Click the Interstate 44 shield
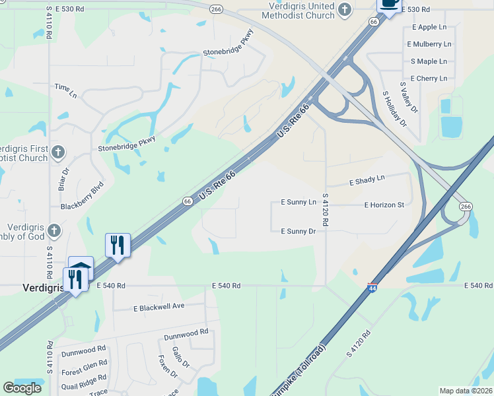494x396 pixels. pyautogui.click(x=372, y=288)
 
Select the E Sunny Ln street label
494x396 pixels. pyautogui.click(x=299, y=201)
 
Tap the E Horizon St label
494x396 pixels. pyautogui.click(x=384, y=205)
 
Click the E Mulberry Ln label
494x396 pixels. pyautogui.click(x=429, y=44)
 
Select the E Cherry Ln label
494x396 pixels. pyautogui.click(x=429, y=78)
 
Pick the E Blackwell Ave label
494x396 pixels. pyautogui.click(x=159, y=308)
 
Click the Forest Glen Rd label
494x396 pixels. pyautogui.click(x=85, y=364)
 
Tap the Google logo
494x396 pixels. pyautogui.click(x=22, y=388)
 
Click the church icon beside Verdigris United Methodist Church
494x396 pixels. pyautogui.click(x=344, y=9)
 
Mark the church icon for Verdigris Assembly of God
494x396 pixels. pyautogui.click(x=54, y=231)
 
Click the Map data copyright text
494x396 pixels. pyautogui.click(x=466, y=391)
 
